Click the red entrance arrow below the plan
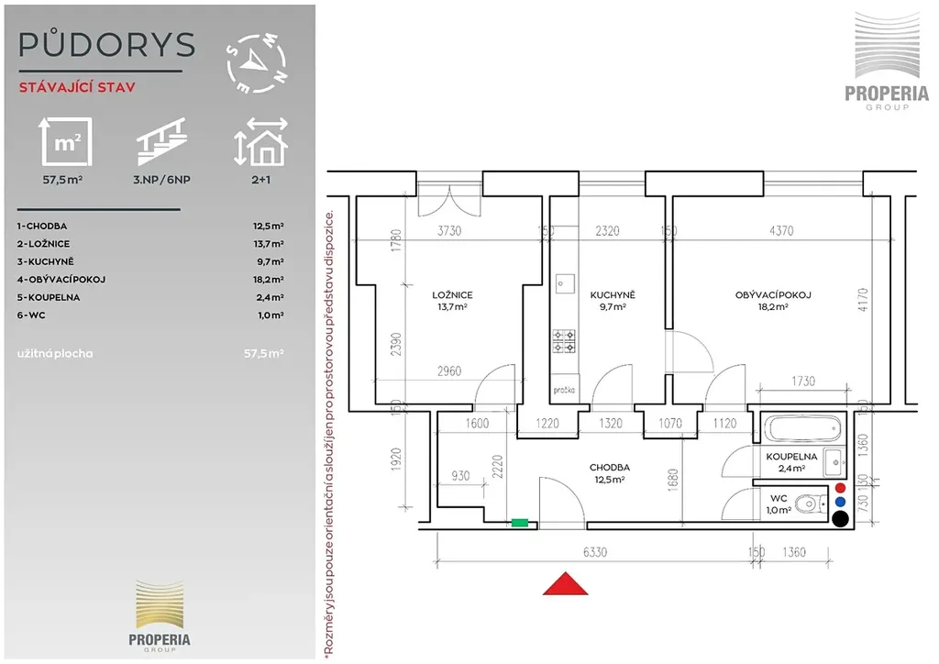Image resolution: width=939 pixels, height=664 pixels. coord(565,584)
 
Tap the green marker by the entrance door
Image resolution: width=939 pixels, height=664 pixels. coord(520,523)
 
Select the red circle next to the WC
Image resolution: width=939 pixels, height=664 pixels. coord(840,488)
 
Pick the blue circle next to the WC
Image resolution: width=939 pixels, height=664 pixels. coord(840,503)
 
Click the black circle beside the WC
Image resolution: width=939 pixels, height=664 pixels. coord(840,519)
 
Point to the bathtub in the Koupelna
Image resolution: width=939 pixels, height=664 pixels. coord(803,428)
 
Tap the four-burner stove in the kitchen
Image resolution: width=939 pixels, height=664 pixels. coord(564,341)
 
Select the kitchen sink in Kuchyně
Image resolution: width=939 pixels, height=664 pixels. coord(565,283)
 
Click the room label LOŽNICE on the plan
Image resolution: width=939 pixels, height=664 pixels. coord(452,295)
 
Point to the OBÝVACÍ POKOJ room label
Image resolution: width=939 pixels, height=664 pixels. coord(773,295)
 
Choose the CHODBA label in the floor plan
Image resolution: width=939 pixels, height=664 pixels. coord(610,468)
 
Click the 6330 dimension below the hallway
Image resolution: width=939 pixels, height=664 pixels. coord(594,552)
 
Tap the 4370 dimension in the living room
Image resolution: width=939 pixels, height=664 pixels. coord(781,230)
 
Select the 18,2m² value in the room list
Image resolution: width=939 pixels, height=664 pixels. coord(269,280)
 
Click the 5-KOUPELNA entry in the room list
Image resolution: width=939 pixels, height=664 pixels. coord(49,297)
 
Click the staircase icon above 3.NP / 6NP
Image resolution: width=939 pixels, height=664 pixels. coord(161,141)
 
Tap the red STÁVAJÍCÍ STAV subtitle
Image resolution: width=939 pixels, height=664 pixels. coord(77,87)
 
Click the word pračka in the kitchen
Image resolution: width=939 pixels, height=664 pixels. coord(564,391)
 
